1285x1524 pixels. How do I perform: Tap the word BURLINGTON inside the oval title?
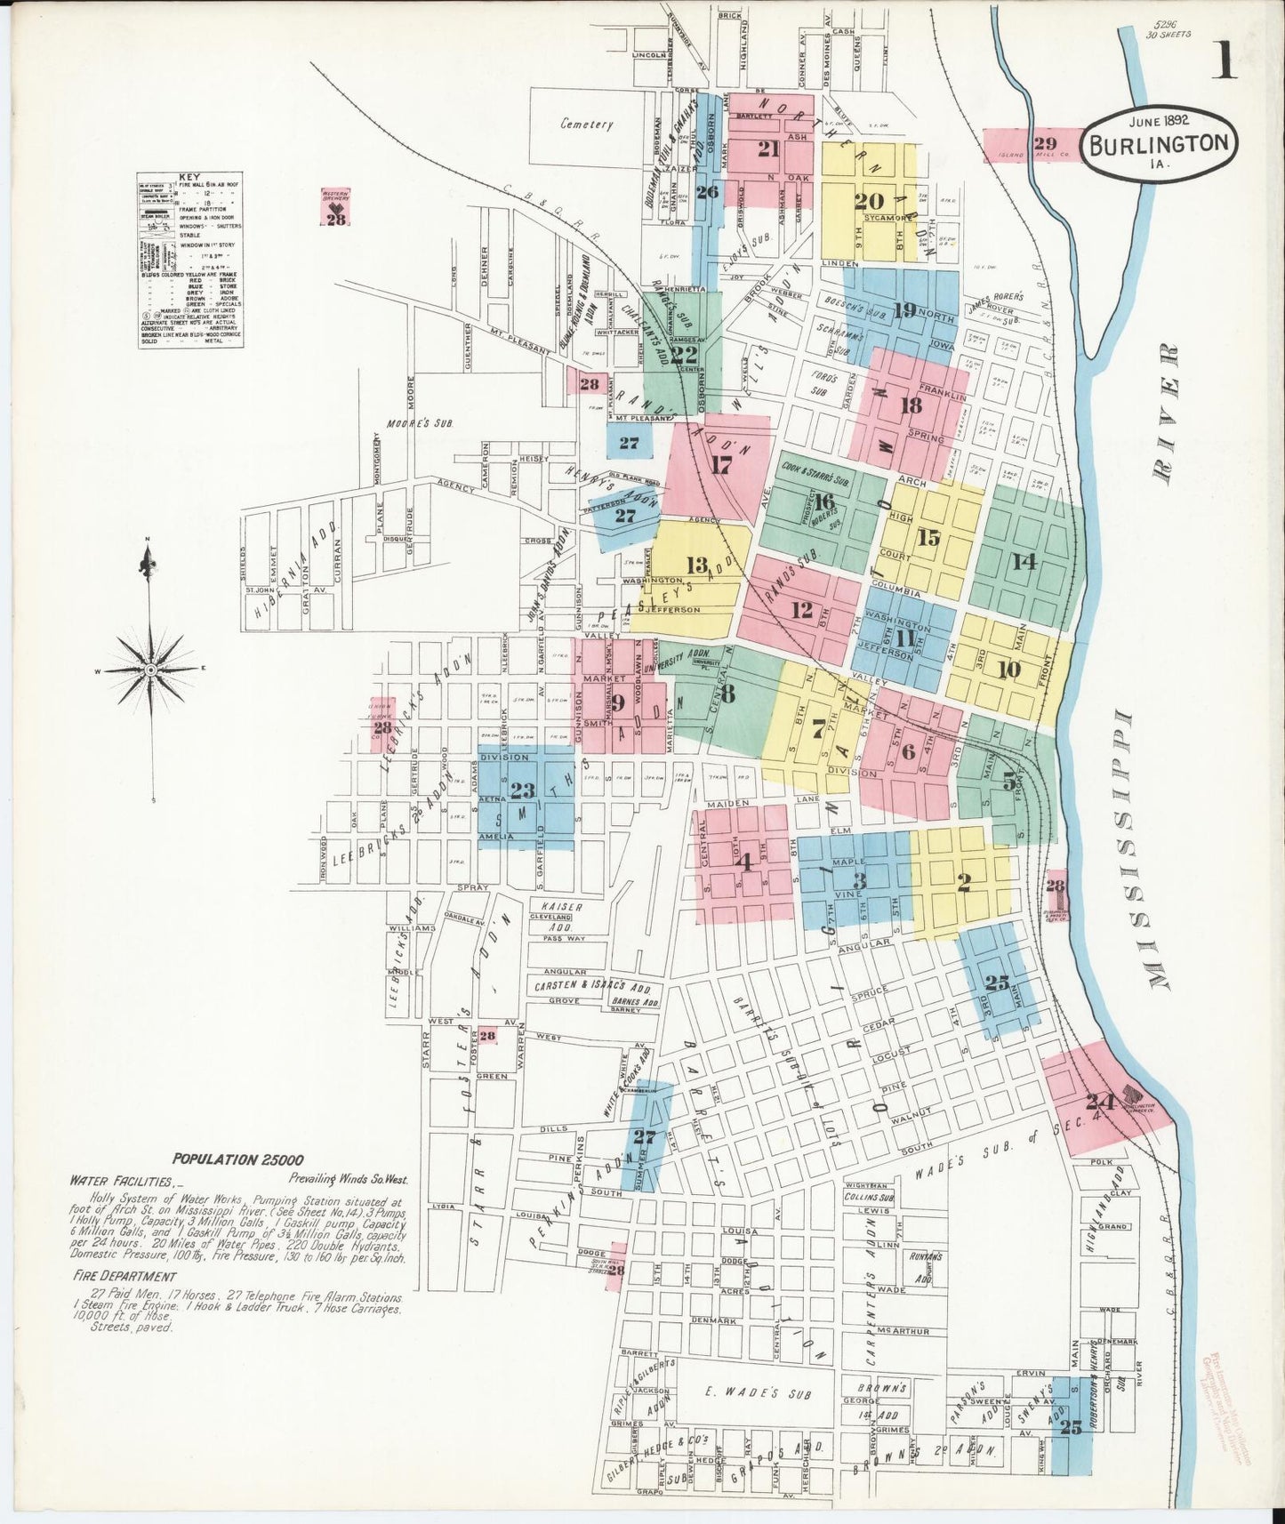1160,144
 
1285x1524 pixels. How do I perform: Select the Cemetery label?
586,124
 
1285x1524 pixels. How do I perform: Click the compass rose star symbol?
151,669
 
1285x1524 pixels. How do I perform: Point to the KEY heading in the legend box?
189,177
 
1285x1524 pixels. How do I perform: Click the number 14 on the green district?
1024,562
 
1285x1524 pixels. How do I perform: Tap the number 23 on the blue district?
523,790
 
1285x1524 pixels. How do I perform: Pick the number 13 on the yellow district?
697,565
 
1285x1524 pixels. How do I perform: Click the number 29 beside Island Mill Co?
1045,143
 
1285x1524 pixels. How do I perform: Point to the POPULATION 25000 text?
238,1159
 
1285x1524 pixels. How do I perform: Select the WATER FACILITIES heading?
121,1181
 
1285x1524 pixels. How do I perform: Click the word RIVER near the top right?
1166,412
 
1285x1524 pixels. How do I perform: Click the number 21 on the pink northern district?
768,149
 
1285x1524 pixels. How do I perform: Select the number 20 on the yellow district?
868,201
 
